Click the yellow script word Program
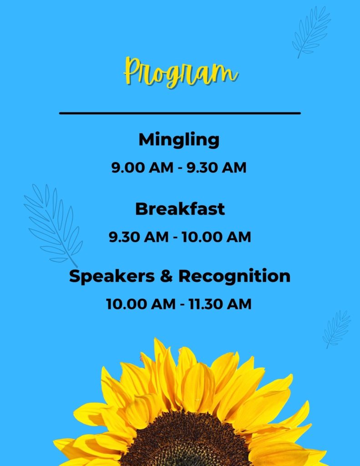pos(180,72)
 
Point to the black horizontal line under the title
pos(180,113)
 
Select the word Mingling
pos(179,140)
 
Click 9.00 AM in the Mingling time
pos(142,167)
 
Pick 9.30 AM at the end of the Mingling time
pos(217,167)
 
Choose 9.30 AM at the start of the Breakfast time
pos(138,237)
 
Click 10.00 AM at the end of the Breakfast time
pos(217,237)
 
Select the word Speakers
pos(112,276)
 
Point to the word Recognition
pos(234,276)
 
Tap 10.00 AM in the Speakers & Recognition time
pos(141,304)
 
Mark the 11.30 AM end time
pos(220,304)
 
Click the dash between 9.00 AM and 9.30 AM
pos(180,168)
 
